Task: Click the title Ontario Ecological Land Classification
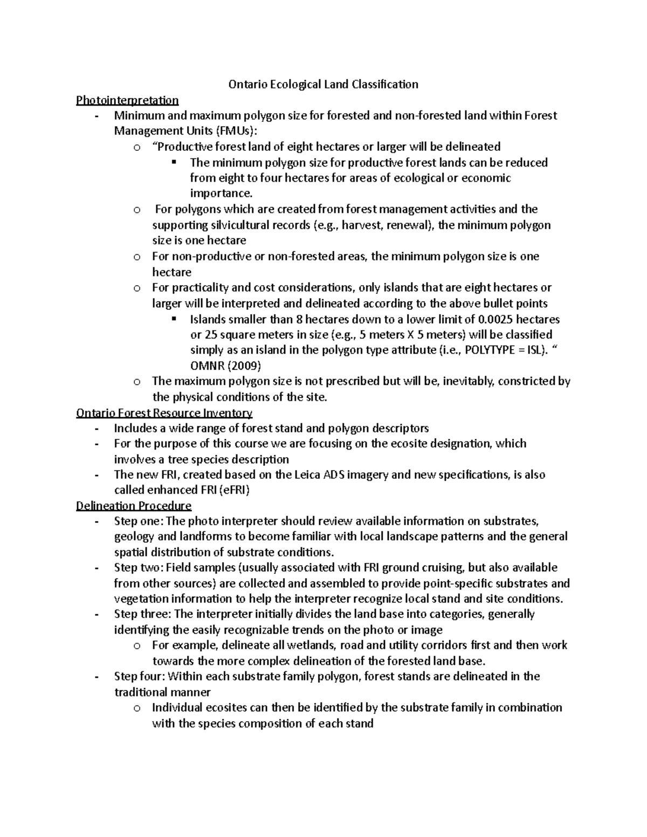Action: [x=323, y=84]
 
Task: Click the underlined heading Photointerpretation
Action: [x=127, y=100]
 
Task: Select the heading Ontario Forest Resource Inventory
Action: [x=164, y=413]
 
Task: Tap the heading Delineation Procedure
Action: [x=134, y=506]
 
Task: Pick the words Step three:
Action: [x=142, y=614]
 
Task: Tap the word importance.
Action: [x=221, y=193]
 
